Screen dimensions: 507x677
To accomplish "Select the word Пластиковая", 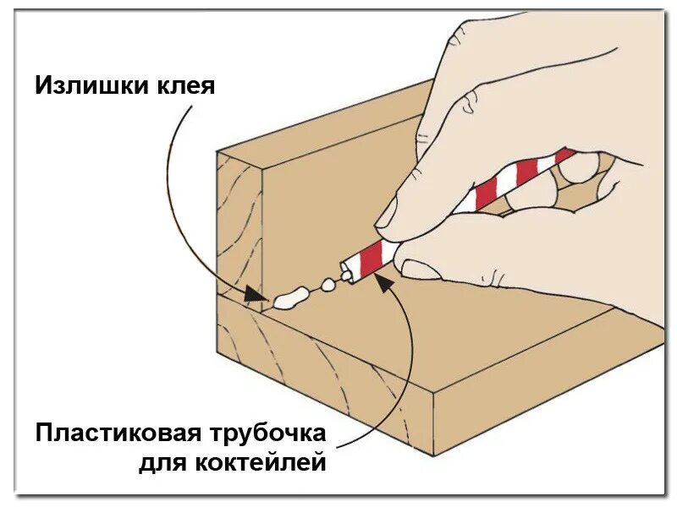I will (118, 434).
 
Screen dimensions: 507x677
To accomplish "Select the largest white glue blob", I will (289, 297).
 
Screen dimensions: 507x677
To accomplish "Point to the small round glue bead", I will (328, 285).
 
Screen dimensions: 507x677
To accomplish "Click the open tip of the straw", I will (344, 271).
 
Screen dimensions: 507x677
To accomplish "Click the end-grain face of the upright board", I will (239, 228).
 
